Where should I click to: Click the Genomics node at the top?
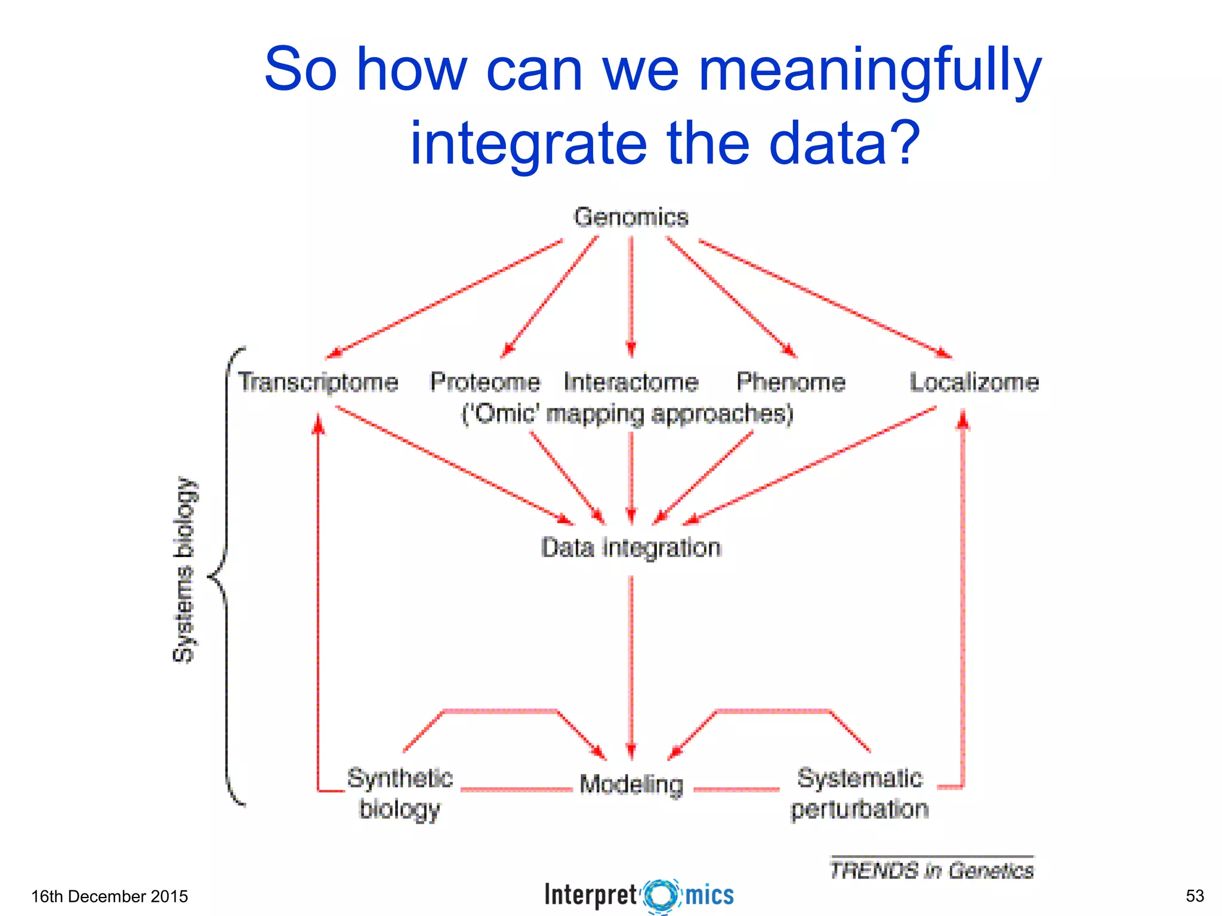(631, 217)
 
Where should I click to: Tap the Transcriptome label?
(318, 382)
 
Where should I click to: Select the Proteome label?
(485, 382)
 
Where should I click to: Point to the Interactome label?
(631, 382)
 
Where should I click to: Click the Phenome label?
(791, 382)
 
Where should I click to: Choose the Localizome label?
(974, 382)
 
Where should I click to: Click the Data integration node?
(631, 547)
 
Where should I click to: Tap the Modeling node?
(631, 784)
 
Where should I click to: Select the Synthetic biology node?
(400, 794)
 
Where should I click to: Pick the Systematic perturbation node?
(860, 794)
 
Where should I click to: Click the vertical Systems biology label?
(184, 570)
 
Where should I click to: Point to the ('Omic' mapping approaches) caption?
(628, 414)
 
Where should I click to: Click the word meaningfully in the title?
(869, 70)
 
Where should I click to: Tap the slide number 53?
(1195, 896)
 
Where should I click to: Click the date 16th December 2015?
(109, 896)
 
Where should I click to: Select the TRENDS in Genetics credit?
(931, 870)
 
